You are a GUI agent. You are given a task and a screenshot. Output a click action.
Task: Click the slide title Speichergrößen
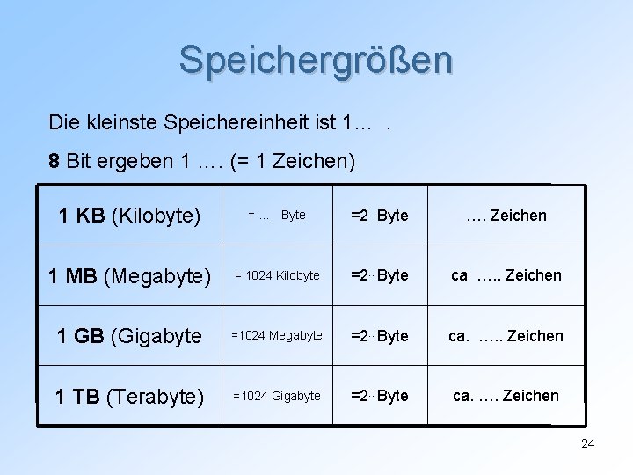tap(316, 60)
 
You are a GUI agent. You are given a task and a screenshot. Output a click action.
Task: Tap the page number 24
tap(588, 443)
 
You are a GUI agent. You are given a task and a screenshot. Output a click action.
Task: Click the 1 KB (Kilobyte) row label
tap(129, 216)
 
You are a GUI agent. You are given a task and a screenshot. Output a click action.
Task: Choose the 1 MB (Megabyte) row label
tap(129, 276)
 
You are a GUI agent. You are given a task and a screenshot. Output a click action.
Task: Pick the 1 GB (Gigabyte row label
tap(129, 336)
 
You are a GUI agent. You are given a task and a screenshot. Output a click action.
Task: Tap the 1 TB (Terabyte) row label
tap(129, 396)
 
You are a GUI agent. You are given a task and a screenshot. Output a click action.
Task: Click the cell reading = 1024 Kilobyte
tap(277, 276)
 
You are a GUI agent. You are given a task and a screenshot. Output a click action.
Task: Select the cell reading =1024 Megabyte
tap(277, 336)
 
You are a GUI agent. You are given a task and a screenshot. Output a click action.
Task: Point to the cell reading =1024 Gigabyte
tap(277, 396)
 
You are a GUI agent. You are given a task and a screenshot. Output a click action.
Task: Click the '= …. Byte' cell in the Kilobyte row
tap(277, 216)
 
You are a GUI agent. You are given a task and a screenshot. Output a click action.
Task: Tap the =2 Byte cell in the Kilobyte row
tap(380, 216)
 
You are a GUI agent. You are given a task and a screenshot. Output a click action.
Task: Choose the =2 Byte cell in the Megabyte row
tap(380, 276)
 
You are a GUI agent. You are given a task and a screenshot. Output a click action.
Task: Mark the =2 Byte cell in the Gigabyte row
tap(380, 336)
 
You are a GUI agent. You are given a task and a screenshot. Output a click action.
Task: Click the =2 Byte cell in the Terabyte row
tap(380, 396)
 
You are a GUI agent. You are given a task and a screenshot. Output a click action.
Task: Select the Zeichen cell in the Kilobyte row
tap(506, 216)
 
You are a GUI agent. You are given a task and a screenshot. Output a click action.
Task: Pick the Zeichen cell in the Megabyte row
tap(506, 276)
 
